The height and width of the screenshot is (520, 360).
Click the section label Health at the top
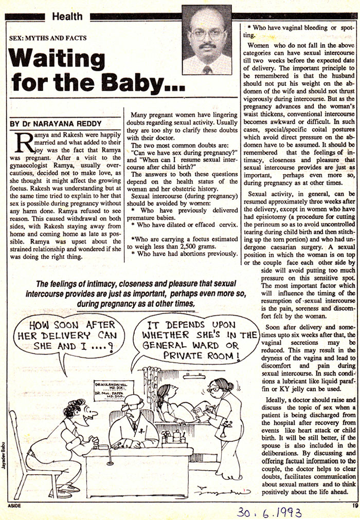(66, 16)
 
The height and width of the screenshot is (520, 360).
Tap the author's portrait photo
(207, 40)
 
